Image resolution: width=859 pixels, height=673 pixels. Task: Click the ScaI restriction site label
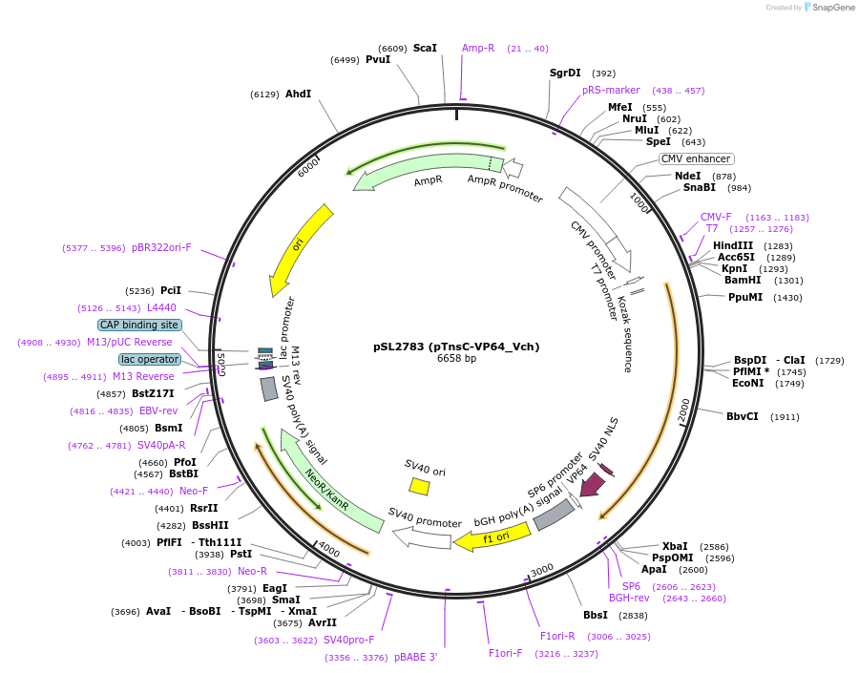coord(425,48)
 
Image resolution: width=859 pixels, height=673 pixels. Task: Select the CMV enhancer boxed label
coord(697,158)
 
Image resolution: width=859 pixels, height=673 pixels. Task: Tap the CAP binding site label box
coord(138,325)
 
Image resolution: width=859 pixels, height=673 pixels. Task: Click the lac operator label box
coord(150,359)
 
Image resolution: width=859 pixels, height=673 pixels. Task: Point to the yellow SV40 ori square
coord(419,486)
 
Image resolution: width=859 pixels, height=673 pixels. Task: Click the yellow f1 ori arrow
coord(492,537)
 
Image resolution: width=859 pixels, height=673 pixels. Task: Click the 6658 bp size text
coord(456,359)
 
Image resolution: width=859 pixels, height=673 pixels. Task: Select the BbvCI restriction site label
coord(742,416)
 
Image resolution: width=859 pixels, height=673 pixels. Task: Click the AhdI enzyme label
coord(298,94)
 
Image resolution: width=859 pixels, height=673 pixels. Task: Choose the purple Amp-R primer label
coord(478,48)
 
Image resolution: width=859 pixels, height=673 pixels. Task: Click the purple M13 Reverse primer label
coord(143,376)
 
